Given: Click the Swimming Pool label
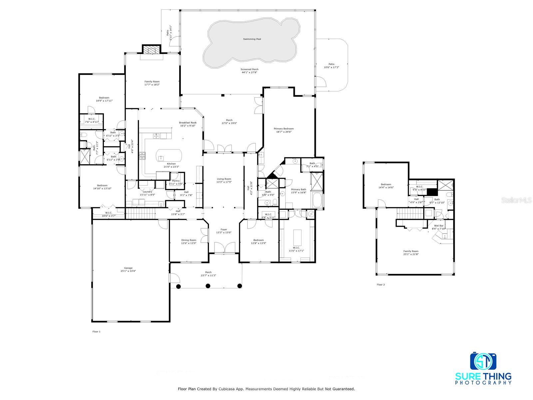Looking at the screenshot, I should pos(252,39).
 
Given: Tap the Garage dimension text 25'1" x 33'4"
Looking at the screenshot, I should pos(128,271).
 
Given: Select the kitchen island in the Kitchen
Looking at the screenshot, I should pos(169,155).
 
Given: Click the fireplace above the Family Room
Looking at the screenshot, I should pos(152,50).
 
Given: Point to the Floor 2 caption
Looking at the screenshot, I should pos(381,285).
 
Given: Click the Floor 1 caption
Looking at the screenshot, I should pos(96,332).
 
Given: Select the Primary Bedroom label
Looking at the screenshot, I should pos(284,129).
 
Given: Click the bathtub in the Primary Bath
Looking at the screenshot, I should pos(317,200).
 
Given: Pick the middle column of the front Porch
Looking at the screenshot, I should pos(208,286).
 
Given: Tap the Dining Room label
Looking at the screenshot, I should pos(189,240).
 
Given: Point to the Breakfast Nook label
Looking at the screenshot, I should pos(188,123).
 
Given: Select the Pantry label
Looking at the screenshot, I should pos(176,181).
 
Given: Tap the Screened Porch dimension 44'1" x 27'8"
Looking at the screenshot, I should pos(250,72).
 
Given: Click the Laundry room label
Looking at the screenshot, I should pos(147,192).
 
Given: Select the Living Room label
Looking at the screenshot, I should pos(224,179).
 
